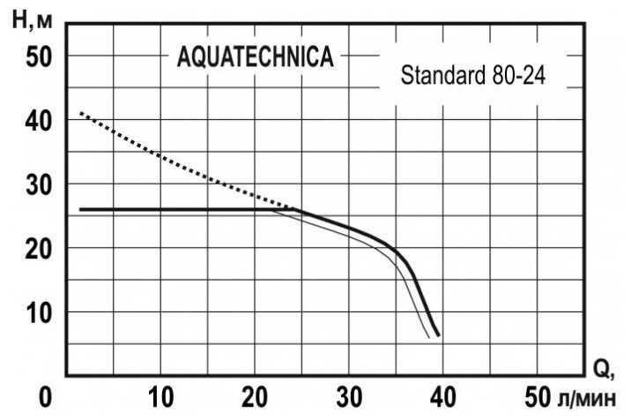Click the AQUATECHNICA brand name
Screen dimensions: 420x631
[x=256, y=57]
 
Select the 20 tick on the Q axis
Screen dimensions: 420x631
[x=256, y=394]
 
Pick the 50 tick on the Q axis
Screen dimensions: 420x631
[x=536, y=394]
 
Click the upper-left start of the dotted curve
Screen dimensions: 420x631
[x=81, y=113]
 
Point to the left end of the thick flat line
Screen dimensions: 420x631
[x=80, y=210]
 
